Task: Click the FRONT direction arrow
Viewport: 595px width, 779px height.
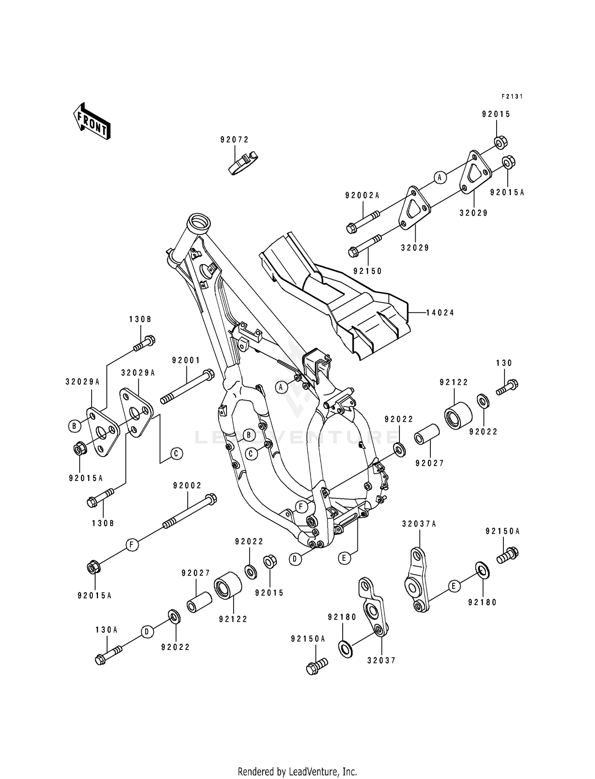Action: (91, 121)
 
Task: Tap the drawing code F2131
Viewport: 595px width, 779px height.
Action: (512, 96)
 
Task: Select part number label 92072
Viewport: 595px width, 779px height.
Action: (234, 140)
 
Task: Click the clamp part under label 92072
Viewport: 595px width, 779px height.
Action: (242, 162)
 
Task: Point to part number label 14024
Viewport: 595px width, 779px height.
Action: (440, 313)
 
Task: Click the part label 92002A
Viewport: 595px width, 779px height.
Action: (362, 195)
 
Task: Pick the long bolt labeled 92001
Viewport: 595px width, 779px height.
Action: (187, 387)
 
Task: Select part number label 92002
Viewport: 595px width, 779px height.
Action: (187, 486)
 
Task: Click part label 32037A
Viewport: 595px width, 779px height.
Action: (419, 524)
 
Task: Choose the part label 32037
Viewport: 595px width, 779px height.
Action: (381, 660)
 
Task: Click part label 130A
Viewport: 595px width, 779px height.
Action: (107, 630)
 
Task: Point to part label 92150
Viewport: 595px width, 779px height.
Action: (367, 271)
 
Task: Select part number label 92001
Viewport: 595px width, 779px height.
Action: (186, 360)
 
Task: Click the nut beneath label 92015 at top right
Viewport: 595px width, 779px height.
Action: (501, 142)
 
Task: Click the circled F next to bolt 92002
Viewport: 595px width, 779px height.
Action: (132, 545)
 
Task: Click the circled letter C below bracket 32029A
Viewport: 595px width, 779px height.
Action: (177, 453)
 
